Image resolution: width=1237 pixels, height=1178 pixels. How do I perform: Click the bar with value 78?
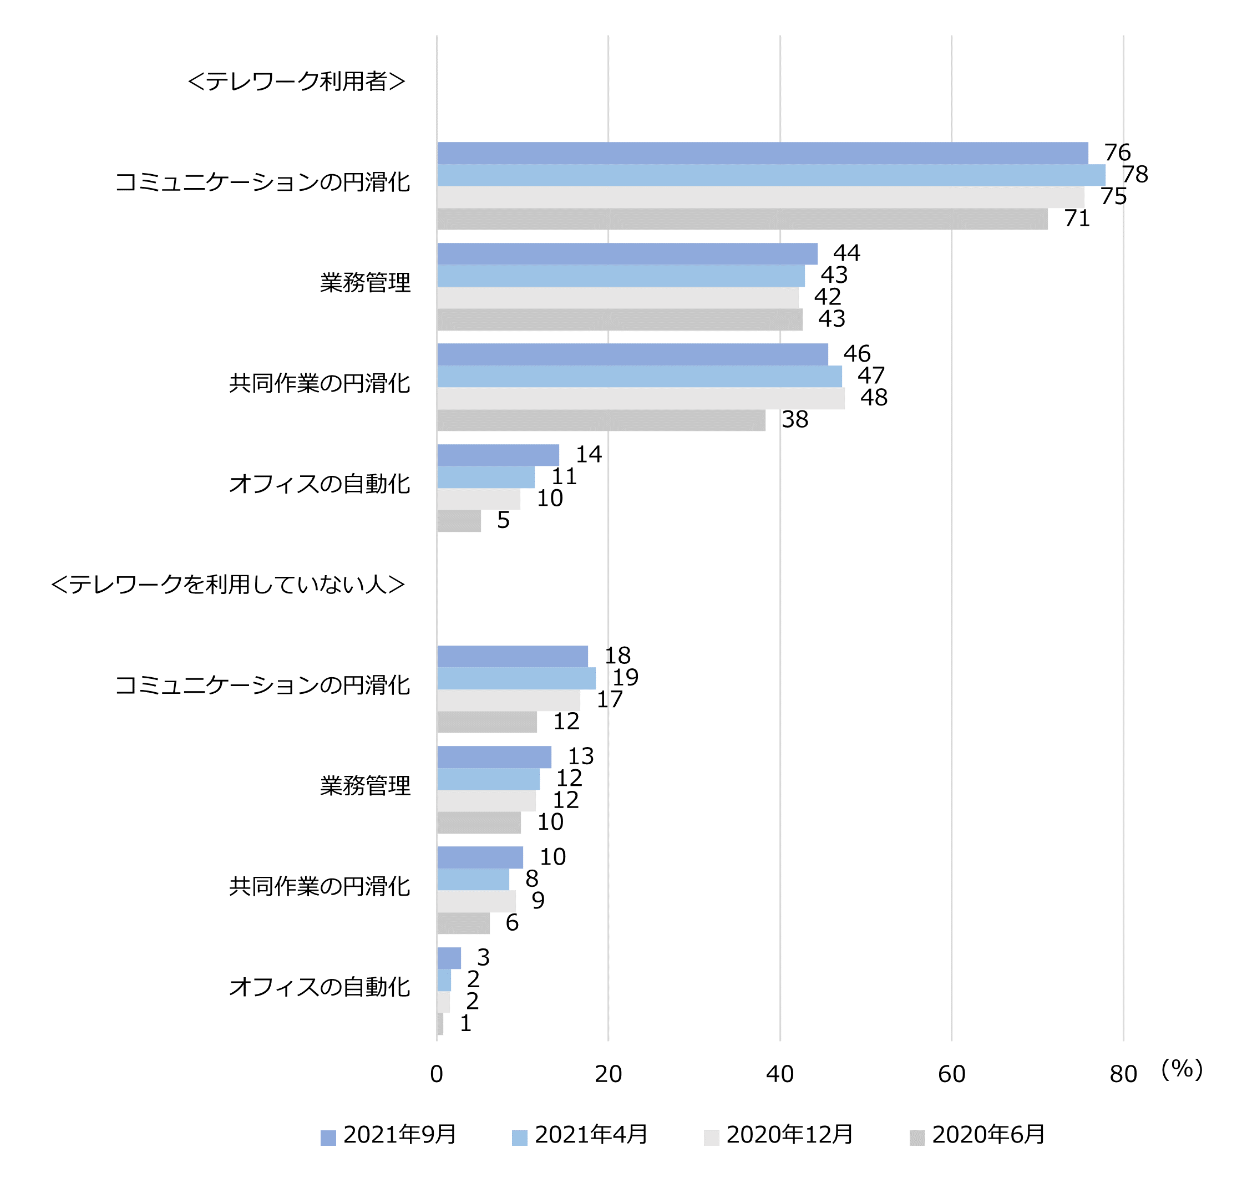coord(770,175)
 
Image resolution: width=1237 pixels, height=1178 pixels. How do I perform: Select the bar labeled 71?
coord(742,219)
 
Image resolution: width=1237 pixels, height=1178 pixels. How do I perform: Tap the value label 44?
coord(846,253)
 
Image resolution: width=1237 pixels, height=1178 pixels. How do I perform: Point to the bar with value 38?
coord(601,420)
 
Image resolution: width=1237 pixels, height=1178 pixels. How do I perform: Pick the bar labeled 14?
coord(498,455)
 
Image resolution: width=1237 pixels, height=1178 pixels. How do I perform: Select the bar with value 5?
coord(458,521)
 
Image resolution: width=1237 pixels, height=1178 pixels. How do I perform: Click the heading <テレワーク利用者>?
coord(296,81)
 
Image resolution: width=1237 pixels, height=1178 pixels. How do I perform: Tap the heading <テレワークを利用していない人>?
coord(227,584)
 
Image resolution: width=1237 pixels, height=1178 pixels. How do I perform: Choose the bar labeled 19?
coord(515,678)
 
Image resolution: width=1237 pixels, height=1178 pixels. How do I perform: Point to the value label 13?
coord(580,756)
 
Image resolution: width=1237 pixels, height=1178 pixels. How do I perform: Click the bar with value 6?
coord(463,923)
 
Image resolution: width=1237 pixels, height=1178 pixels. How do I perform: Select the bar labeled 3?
coord(448,958)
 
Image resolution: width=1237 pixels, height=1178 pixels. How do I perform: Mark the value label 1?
coord(465,1023)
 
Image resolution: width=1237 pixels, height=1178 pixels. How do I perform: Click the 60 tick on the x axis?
coord(951,1074)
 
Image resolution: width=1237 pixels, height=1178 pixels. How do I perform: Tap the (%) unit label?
coord(1181,1069)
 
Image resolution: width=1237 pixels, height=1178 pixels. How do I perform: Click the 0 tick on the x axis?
coord(437,1074)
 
